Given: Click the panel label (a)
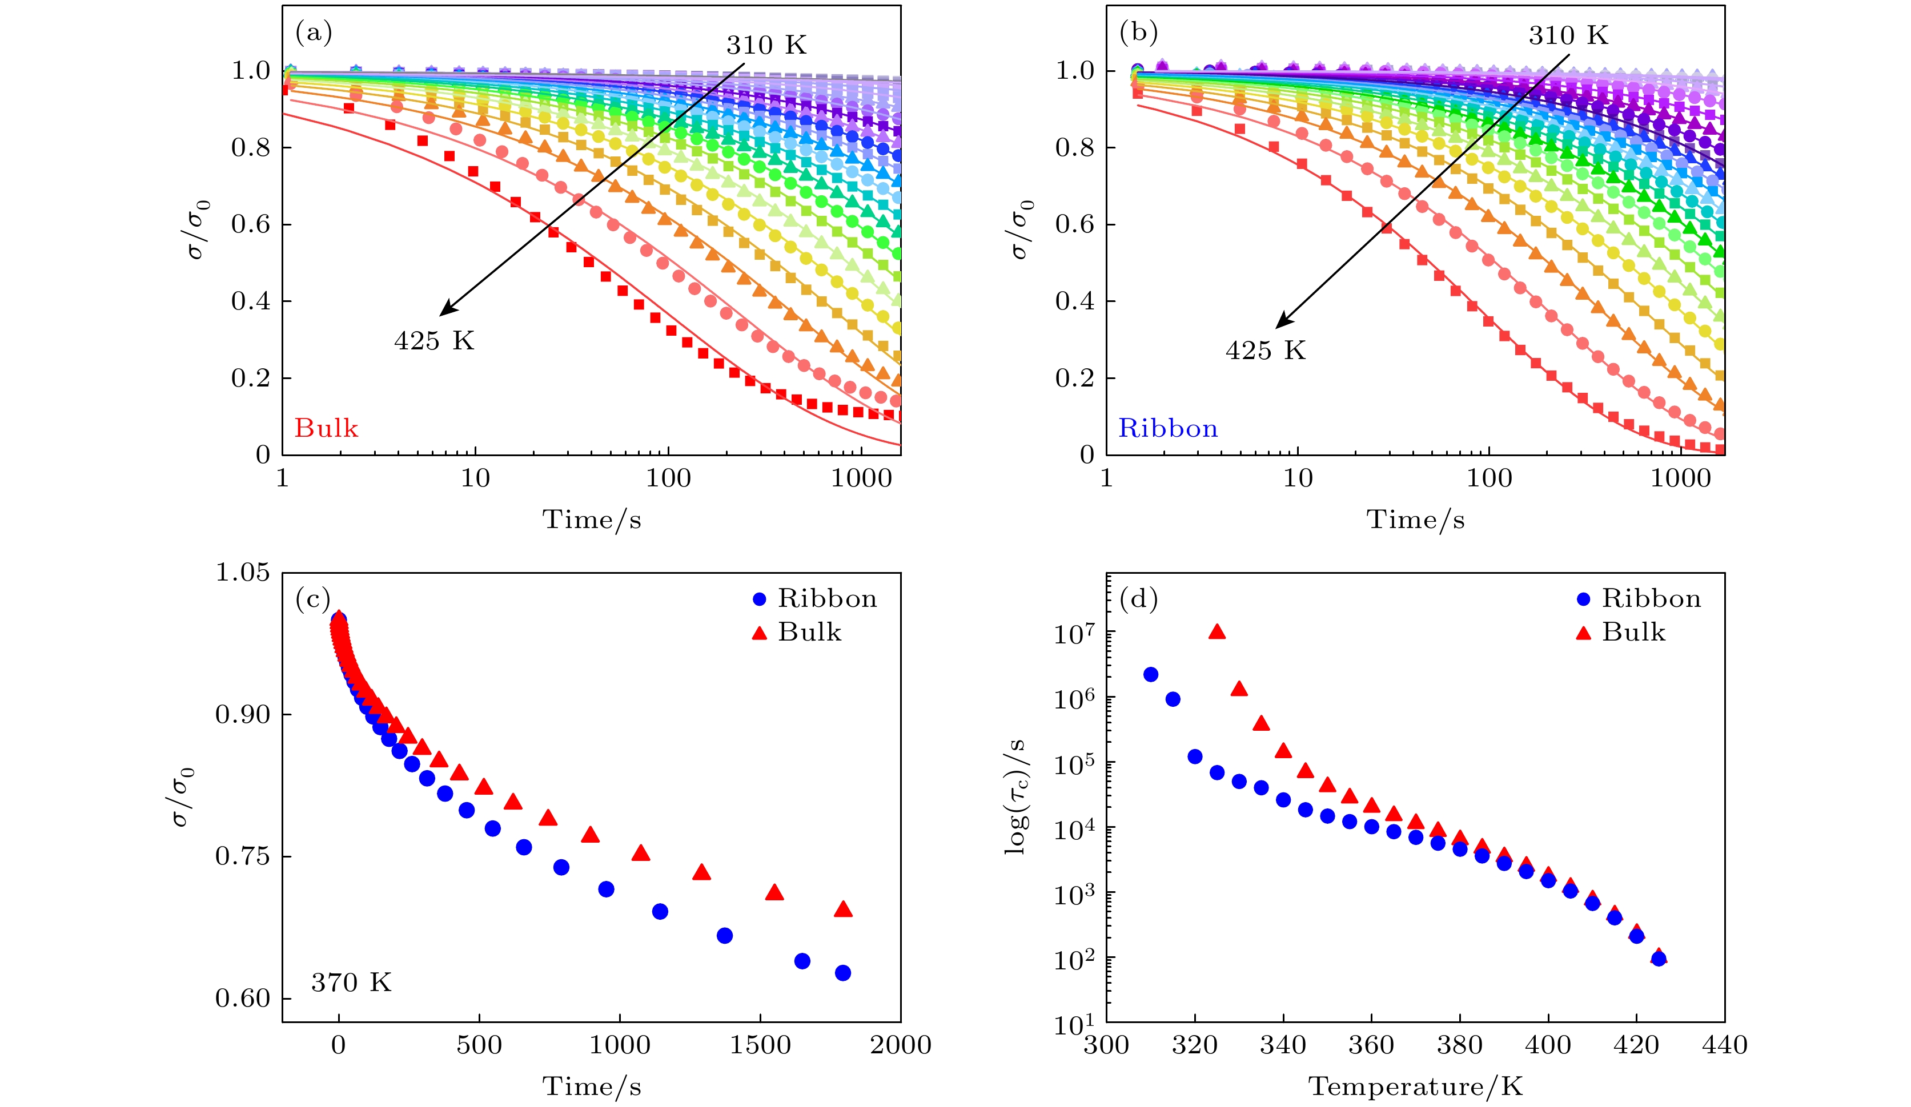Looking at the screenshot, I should pos(313,33).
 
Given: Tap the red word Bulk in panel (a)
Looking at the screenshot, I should pos(326,428).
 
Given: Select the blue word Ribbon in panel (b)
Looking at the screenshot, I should pos(1168,428).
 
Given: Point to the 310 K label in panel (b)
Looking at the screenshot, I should pos(1568,35).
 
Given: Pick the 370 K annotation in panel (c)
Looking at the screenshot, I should pos(351,983).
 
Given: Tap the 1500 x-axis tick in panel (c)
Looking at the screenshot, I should pos(760,1045).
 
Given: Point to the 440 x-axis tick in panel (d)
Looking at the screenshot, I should pos(1724,1045).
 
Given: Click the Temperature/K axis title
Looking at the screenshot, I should pos(1415,1086).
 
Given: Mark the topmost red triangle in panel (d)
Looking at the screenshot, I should pos(1217,631).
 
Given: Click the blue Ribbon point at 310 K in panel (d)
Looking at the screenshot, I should pos(1150,675).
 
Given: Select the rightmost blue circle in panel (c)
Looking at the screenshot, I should pos(842,973).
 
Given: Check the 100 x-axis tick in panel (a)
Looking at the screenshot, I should pos(668,478).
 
